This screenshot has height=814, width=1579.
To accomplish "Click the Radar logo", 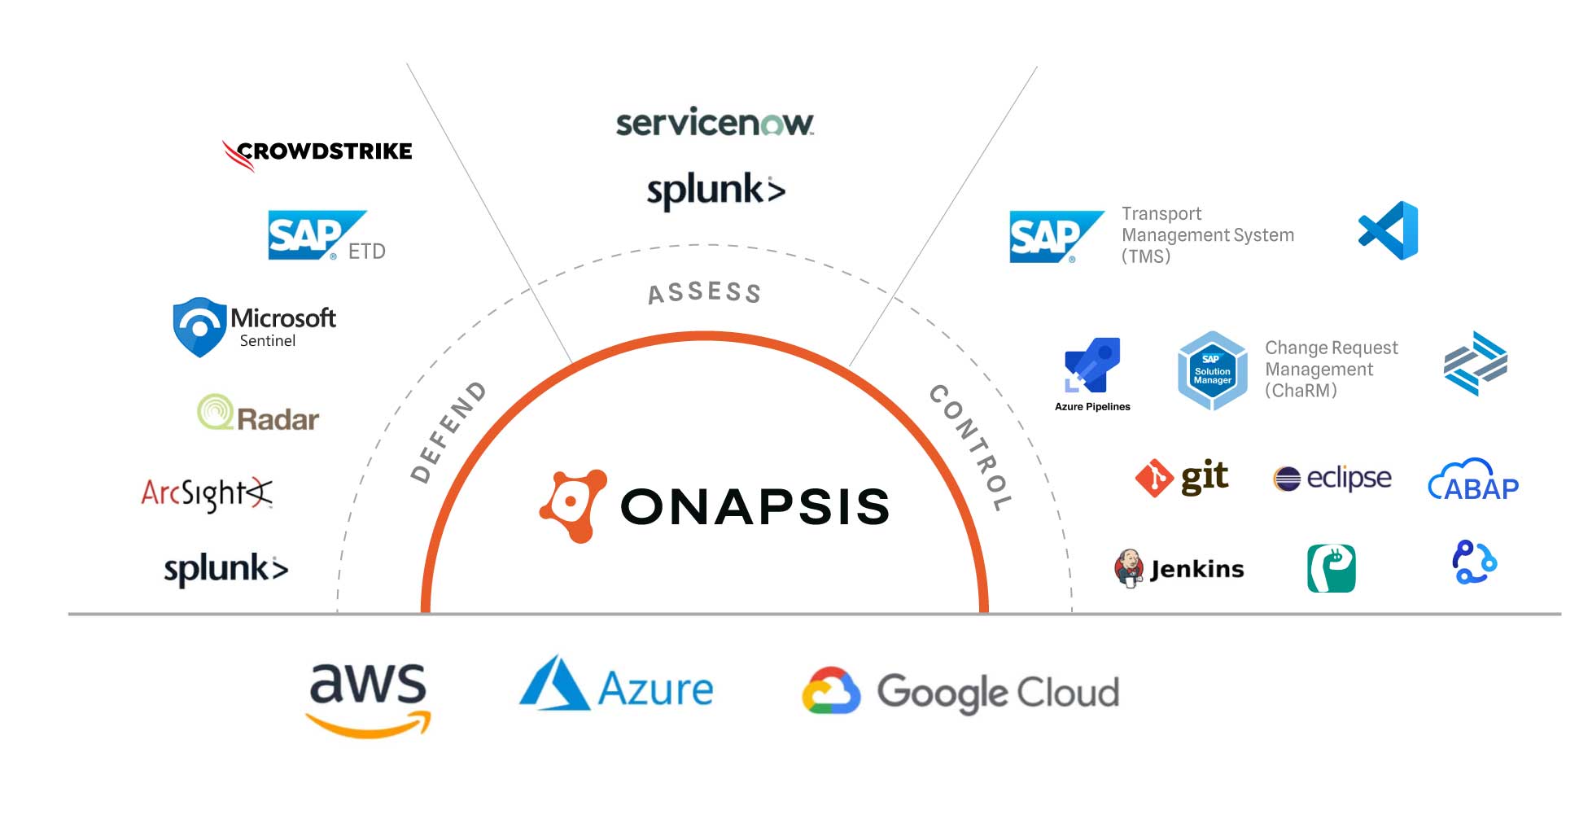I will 259,414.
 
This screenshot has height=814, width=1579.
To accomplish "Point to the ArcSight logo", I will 207,494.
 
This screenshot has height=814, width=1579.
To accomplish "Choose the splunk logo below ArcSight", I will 226,568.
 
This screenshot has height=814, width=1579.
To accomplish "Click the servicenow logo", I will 715,123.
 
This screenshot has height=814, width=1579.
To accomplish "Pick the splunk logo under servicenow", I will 715,190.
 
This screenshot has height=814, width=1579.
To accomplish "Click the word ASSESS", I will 704,292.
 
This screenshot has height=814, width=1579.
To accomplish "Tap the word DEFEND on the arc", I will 448,431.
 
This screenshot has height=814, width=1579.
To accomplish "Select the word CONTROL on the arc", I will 971,447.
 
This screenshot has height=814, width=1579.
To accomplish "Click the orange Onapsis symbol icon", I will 573,505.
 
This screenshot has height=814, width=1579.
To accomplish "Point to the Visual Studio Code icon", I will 1389,230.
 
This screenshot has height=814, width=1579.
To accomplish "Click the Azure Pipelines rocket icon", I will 1092,365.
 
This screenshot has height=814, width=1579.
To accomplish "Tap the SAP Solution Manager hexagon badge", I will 1212,370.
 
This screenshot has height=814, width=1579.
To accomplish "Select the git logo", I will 1182,478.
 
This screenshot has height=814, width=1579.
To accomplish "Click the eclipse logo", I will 1332,478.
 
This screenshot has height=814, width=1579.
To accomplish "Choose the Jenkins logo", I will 1179,568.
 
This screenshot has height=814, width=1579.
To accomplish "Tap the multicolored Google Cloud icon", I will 831,692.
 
